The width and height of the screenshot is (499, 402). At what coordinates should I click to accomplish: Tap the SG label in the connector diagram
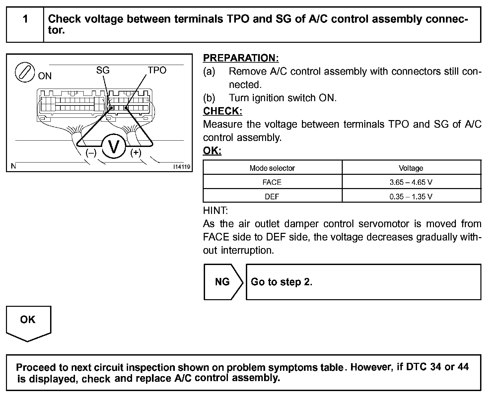point(103,70)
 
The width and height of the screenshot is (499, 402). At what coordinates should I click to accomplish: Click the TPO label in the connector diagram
point(157,70)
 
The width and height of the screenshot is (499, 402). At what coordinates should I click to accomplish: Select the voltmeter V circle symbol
point(114,147)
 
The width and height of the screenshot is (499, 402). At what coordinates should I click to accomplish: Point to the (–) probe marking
point(91,153)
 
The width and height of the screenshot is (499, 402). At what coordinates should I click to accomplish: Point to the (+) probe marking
point(136,153)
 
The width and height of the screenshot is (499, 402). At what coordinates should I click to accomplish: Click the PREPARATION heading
point(241,58)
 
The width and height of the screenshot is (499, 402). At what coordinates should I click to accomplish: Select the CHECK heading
point(223,111)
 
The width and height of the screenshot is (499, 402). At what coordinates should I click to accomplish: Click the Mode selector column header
point(272,168)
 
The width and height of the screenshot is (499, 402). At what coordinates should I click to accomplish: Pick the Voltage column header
point(411,168)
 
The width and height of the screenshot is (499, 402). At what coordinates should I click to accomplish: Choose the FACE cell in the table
point(272,182)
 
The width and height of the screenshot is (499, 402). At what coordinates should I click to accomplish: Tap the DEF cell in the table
point(272,196)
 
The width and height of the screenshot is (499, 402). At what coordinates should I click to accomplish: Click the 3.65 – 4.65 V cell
point(411,182)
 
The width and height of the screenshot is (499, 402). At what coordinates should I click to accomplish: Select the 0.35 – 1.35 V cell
point(411,196)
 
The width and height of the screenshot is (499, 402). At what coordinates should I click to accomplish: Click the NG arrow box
point(223,282)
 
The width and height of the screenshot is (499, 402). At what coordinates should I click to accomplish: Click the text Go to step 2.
point(281,282)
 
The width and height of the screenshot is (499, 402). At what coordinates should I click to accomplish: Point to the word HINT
point(215,211)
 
